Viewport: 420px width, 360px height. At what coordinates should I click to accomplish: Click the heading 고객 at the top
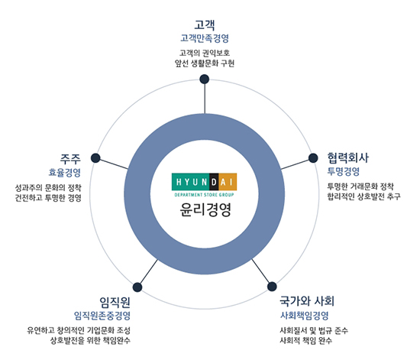205,24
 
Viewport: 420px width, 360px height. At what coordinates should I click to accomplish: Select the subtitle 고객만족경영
205,38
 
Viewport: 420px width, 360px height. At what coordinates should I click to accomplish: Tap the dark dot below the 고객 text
205,79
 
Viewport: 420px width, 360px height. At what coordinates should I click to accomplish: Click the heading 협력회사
347,157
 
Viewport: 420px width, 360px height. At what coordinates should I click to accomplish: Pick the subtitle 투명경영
343,171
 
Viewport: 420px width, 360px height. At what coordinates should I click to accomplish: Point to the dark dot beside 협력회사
313,158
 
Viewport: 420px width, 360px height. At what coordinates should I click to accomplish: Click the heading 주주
70,159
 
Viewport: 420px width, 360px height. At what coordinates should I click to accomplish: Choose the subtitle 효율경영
65,173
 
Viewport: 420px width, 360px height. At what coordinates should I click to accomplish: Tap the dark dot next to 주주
95,158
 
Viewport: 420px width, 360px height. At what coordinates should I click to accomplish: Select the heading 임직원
115,303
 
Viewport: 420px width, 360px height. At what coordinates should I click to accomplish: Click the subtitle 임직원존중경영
102,316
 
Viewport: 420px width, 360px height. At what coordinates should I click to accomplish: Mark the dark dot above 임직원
137,287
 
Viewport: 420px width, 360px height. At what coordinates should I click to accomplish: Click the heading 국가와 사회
307,301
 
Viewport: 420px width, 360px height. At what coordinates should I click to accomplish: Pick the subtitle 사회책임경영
304,316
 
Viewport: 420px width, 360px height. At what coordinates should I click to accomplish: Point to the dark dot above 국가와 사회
272,287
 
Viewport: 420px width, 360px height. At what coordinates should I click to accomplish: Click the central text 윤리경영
205,209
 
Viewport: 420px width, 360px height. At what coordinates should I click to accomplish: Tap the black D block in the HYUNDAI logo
214,182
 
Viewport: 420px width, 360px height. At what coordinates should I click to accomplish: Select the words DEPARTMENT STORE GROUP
204,195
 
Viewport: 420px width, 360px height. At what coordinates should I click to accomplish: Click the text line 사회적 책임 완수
306,340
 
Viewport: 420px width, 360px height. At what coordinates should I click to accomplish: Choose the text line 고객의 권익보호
205,53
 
